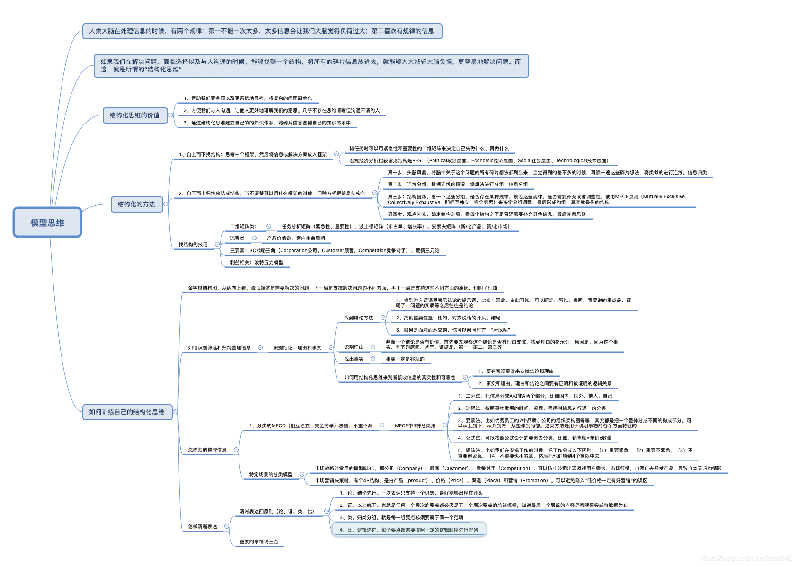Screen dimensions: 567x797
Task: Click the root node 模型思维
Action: pyautogui.click(x=47, y=222)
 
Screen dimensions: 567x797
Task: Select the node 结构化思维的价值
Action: pyautogui.click(x=135, y=115)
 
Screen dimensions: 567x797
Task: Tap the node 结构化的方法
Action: pyautogui.click(x=136, y=204)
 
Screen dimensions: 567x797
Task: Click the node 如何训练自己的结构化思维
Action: pyautogui.click(x=127, y=412)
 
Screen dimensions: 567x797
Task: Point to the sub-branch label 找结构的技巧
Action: pyautogui.click(x=193, y=244)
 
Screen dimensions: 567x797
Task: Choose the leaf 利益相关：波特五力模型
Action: pyautogui.click(x=257, y=262)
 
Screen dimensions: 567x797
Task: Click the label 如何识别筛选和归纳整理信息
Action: pyautogui.click(x=219, y=347)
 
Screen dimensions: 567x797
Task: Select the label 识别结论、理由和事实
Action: pyautogui.click(x=297, y=347)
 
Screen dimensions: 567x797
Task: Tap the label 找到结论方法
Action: pyautogui.click(x=359, y=318)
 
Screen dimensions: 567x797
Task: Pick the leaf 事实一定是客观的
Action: pyautogui.click(x=405, y=359)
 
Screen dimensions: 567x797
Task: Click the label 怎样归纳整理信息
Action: pyautogui.click(x=207, y=450)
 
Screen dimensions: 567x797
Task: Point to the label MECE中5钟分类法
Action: pyautogui.click(x=415, y=425)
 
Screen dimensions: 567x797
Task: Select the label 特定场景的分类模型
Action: pyautogui.click(x=271, y=474)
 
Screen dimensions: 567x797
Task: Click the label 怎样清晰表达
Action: pyautogui.click(x=203, y=526)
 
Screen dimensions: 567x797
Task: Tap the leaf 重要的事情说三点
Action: pyautogui.click(x=259, y=541)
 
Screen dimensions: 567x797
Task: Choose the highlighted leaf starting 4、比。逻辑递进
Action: pyautogui.click(x=409, y=530)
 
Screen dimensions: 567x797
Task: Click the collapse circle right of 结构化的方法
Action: pyautogui.click(x=166, y=204)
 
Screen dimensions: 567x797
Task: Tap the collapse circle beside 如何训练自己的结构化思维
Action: pyautogui.click(x=175, y=412)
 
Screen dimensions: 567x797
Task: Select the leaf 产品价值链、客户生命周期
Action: pyautogui.click(x=296, y=238)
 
